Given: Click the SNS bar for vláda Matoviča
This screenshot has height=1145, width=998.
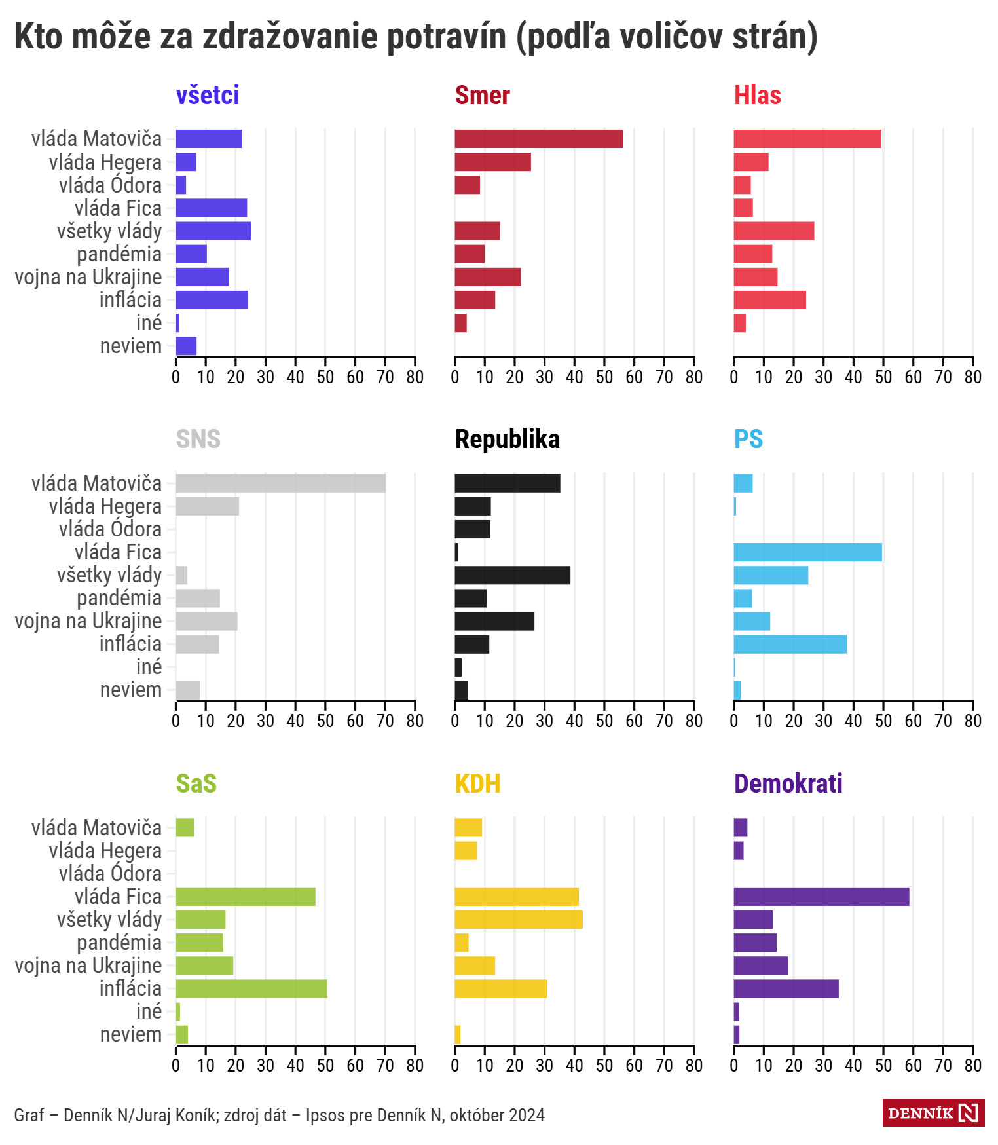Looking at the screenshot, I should pos(280,483).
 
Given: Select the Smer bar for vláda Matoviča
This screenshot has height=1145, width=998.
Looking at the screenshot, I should pos(538,139).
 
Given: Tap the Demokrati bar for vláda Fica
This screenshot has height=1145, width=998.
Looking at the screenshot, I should pos(821,897).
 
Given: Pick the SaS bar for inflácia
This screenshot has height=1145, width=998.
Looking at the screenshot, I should pos(251,988).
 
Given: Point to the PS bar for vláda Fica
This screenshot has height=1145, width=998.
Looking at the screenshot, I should pos(807,552).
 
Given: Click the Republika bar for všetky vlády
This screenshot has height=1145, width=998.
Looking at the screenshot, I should pos(512,575).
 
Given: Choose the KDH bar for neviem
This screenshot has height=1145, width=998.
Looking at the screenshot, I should pos(458,1035).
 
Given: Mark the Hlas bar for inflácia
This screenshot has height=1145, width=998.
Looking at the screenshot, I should pos(769,300).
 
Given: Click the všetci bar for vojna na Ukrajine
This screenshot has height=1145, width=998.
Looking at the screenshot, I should pos(202,277).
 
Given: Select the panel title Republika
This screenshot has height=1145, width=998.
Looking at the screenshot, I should pos(507,440).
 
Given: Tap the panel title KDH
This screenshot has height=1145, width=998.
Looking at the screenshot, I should pos(477,783).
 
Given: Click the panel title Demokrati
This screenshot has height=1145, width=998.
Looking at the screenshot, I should pos(788,783).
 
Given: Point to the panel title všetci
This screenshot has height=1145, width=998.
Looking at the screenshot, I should pos(208,96).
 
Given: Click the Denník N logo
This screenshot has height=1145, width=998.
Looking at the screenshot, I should pos(933,1113).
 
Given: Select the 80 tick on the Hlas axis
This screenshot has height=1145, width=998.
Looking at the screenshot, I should pos(972,377).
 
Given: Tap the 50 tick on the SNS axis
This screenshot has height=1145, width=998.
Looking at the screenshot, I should pos(325,721).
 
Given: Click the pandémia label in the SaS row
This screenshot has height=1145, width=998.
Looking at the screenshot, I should pos(119,943).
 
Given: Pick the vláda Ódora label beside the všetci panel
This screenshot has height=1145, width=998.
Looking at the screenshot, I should pos(109,185).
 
